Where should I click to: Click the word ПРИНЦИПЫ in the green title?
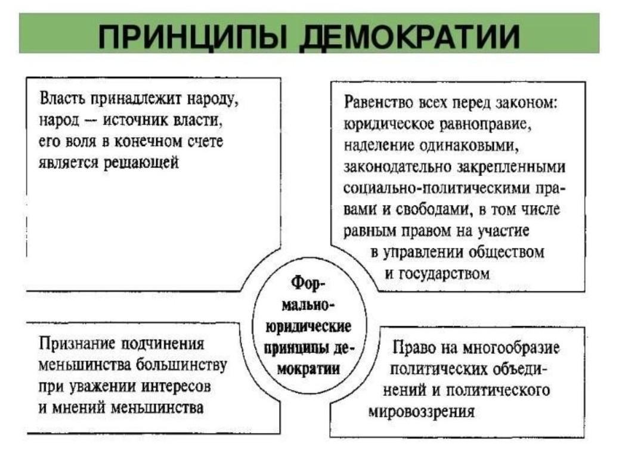[x=192, y=36]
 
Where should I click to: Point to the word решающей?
[x=141, y=163]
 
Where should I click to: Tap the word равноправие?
[x=485, y=125]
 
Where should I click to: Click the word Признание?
[x=77, y=344]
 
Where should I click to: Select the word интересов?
[x=176, y=386]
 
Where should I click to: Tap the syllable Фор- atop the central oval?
[x=308, y=283]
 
